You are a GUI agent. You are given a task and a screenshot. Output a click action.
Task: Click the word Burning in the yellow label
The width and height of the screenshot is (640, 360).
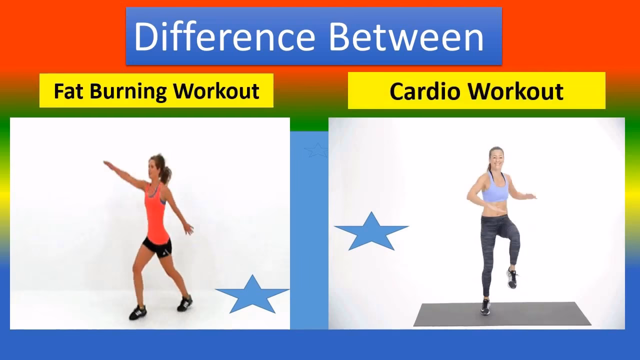128,91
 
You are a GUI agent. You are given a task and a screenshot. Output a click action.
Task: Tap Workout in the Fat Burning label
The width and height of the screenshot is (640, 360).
217,91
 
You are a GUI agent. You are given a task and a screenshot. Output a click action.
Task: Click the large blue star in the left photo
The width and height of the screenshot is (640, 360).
252,295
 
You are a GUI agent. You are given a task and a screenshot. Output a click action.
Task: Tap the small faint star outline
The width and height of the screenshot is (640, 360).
316,149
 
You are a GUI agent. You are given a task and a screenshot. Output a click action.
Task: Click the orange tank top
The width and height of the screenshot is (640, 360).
156,212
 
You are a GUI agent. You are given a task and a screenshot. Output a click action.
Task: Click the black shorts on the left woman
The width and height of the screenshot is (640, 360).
157,246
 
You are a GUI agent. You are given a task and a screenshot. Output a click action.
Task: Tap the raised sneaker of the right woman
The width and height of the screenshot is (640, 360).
512,278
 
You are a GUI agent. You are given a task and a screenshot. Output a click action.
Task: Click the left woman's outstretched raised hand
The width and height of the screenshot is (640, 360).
106,163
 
